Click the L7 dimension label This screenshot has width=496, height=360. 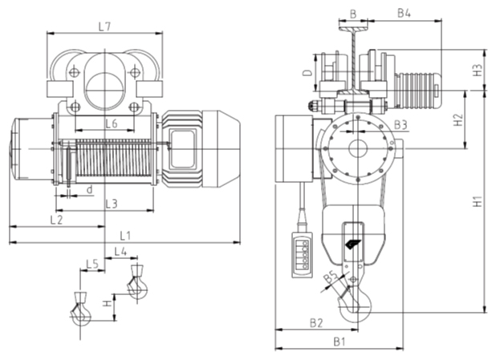point(104,26)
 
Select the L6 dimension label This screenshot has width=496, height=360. point(111,123)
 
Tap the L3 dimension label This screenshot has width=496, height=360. point(112,204)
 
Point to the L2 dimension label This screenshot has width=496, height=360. point(56,219)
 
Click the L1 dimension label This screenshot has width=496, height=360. point(125,235)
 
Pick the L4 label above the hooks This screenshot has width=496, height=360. point(120,252)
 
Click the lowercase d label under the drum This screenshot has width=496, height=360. point(89,190)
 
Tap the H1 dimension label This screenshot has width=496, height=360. point(478,202)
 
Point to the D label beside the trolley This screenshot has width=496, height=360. point(307,72)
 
